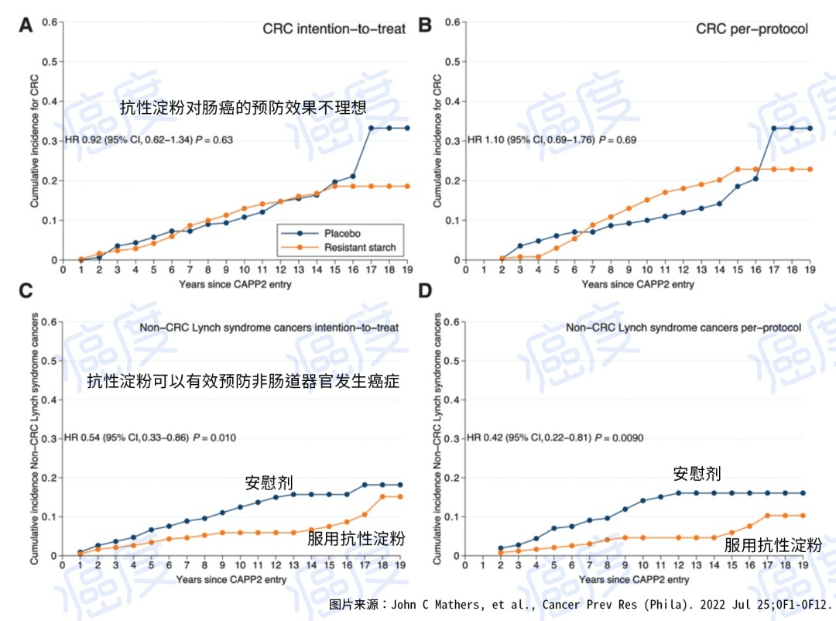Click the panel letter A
click(x=26, y=25)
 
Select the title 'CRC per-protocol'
click(x=752, y=29)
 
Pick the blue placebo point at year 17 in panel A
click(x=371, y=128)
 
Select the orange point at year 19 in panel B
click(x=810, y=169)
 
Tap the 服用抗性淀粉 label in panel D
click(x=773, y=544)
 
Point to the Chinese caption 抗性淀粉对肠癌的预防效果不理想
click(x=243, y=108)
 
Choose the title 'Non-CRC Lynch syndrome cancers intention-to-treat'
click(x=269, y=328)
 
